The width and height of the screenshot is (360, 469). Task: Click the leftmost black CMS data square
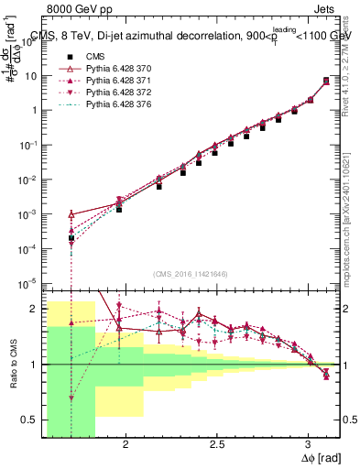point(71,238)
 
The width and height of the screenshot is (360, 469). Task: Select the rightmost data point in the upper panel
point(326,81)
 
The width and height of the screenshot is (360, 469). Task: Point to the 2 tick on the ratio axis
point(34,309)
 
